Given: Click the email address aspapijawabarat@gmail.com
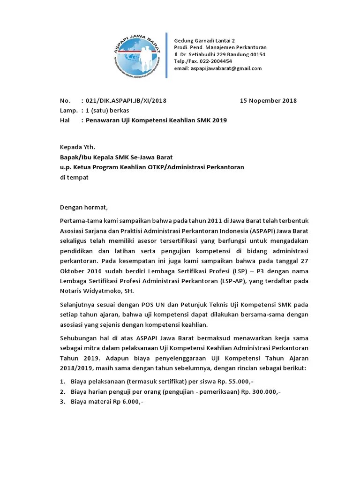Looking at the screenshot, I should (225, 68).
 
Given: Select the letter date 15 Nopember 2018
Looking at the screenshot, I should (268, 100).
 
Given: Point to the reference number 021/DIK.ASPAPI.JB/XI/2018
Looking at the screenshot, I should (124, 100).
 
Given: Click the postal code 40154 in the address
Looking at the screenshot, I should (257, 54).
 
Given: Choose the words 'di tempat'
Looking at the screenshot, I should (74, 178).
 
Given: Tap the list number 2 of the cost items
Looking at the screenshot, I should (62, 391).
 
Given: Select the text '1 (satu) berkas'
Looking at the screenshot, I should (105, 110).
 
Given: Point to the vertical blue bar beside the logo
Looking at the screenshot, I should (167, 55).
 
